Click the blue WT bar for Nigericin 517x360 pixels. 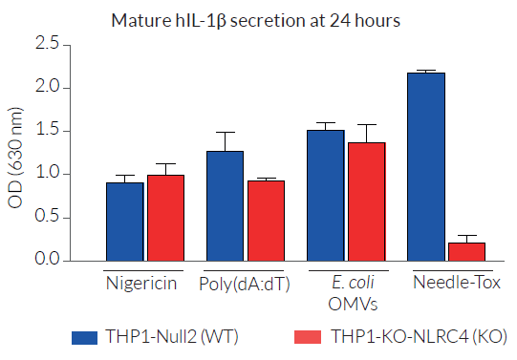coord(125,221)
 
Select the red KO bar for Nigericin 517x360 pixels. coord(164,218)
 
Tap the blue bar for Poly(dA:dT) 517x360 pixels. coord(225,205)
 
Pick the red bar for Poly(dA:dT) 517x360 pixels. coord(265,221)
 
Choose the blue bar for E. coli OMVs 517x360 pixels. coord(325,195)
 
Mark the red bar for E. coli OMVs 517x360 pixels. coord(365,201)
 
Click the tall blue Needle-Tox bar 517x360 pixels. coord(425,166)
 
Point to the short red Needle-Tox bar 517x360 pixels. coord(465,251)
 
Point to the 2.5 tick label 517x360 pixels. coord(47,45)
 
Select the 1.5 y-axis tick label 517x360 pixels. coord(47,131)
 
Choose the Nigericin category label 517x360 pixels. coord(144,284)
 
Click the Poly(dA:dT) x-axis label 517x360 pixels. coord(245,284)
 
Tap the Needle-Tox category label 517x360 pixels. coord(445,284)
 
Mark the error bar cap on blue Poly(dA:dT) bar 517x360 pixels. coord(225,133)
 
